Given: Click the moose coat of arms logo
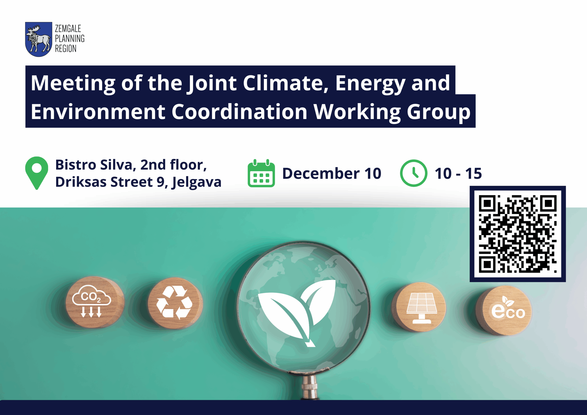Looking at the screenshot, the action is coord(39,39).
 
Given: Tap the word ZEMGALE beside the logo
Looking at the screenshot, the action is coord(68,28).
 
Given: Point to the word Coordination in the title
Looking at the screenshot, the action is coord(239,112).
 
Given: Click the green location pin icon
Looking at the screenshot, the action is coord(36,173).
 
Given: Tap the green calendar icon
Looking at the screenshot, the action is coord(261,173).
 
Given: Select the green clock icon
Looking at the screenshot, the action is coord(413,173).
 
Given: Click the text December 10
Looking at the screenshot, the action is coord(332,173).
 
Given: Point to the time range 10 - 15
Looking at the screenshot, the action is coord(458,173).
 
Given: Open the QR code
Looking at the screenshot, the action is coord(518,234).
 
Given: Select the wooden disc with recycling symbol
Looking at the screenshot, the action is coord(175,303).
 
